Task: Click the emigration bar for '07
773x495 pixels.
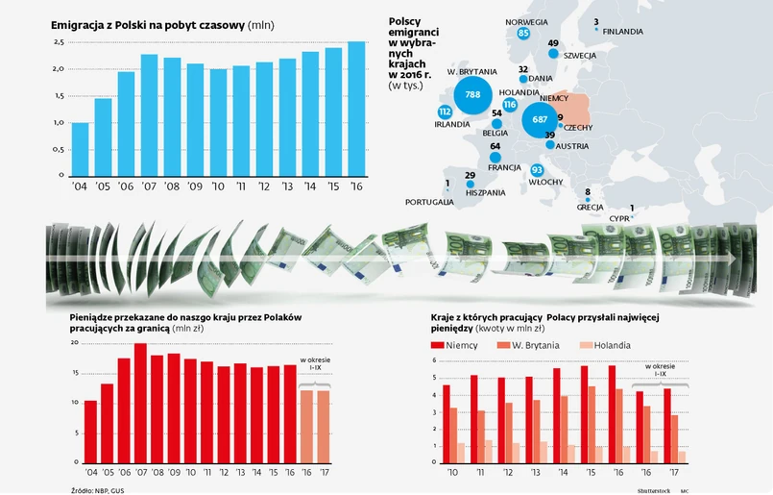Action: pyautogui.click(x=150, y=115)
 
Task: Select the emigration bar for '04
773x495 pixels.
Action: pyautogui.click(x=80, y=149)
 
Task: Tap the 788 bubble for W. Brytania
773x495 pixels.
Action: pyautogui.click(x=471, y=95)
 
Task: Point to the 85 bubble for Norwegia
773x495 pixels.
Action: pyautogui.click(x=523, y=33)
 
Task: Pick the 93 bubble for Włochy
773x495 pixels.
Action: pyautogui.click(x=538, y=170)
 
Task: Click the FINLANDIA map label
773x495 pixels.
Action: pyautogui.click(x=623, y=32)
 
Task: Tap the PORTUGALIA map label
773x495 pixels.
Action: pyautogui.click(x=429, y=202)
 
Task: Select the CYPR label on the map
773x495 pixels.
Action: pyautogui.click(x=619, y=218)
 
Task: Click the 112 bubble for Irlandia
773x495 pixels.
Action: pyautogui.click(x=445, y=111)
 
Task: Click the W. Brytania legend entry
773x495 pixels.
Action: pyautogui.click(x=523, y=345)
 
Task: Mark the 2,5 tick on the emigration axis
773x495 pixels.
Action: pyautogui.click(x=58, y=43)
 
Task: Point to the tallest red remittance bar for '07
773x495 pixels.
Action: pyautogui.click(x=140, y=403)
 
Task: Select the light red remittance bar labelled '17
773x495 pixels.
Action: pyautogui.click(x=324, y=426)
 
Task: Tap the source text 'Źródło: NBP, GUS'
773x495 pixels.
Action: pyautogui.click(x=97, y=491)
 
